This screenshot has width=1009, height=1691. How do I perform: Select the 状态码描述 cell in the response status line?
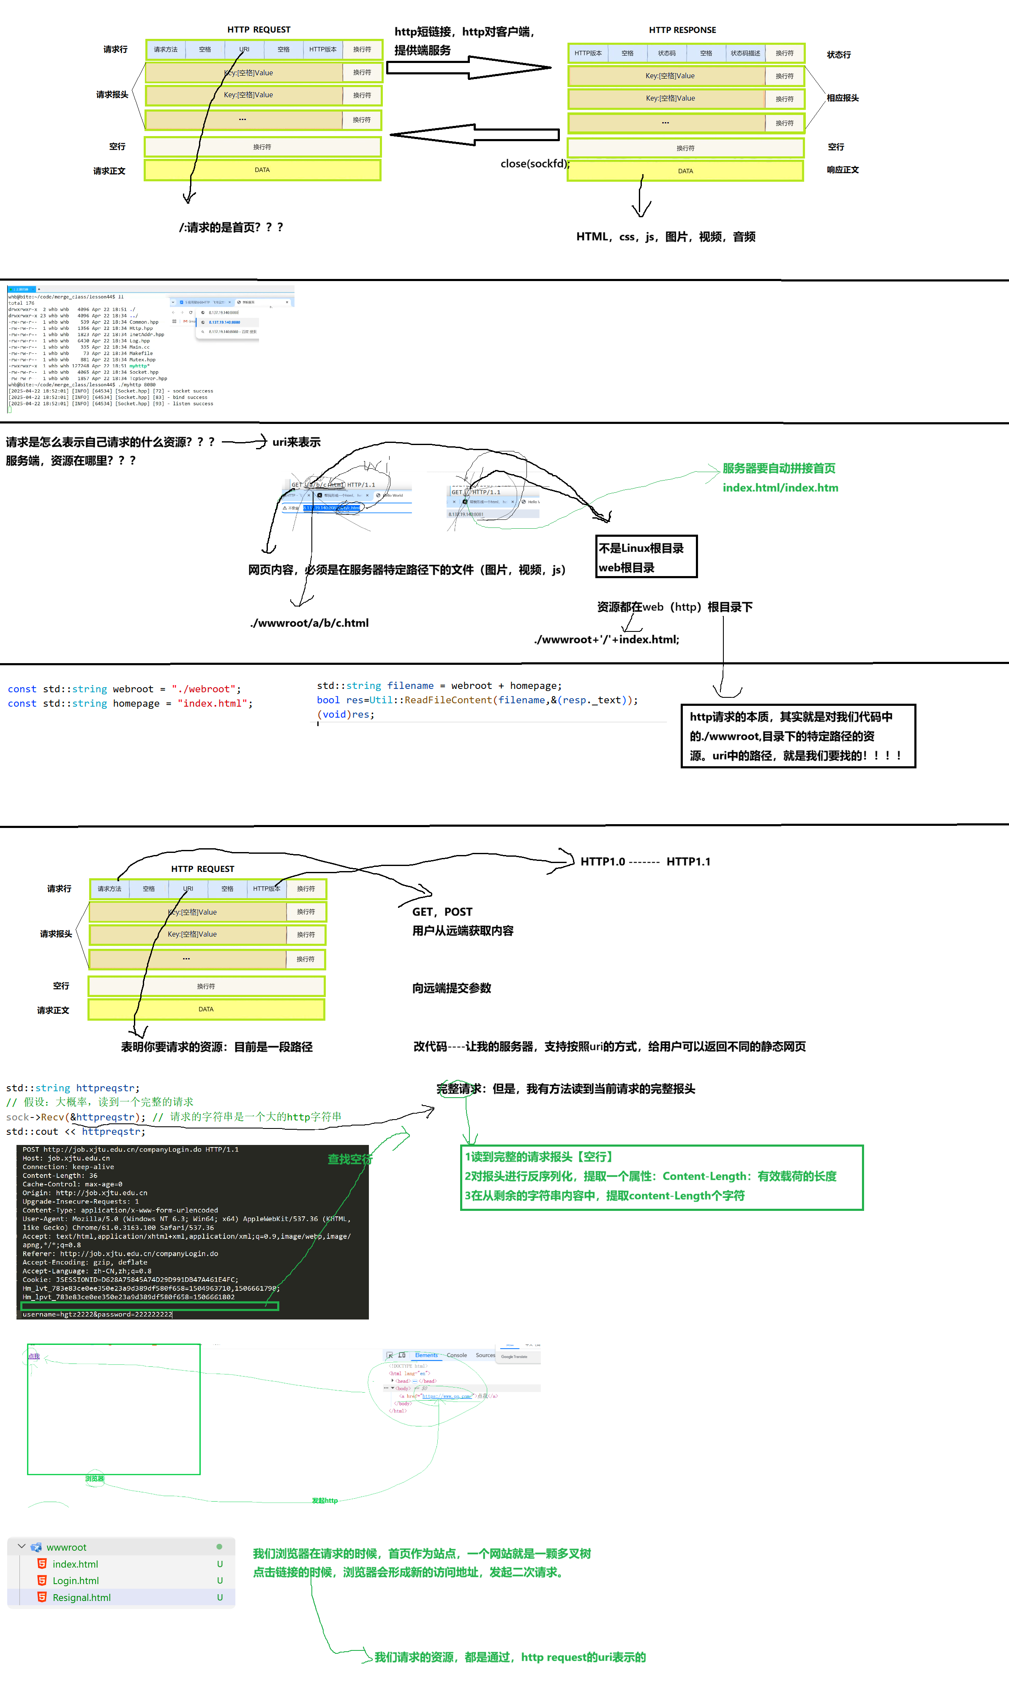745,53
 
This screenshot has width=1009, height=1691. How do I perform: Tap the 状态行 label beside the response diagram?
838,55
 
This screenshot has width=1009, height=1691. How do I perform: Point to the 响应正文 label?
843,170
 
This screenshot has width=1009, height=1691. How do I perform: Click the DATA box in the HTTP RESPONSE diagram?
685,171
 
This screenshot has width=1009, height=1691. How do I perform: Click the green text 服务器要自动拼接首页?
779,468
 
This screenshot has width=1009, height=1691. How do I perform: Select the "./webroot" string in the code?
203,689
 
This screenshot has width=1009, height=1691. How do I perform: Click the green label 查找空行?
350,1159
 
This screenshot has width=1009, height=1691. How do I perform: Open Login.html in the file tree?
76,1581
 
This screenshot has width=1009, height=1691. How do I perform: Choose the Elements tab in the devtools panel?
426,1355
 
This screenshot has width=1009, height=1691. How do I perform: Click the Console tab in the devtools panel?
456,1355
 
